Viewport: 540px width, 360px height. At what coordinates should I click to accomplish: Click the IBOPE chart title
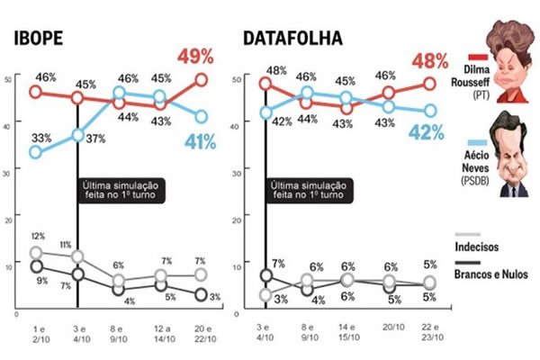point(38,39)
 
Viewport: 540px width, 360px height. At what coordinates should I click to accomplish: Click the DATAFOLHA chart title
point(292,39)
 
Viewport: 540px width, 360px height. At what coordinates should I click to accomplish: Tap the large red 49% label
point(195,57)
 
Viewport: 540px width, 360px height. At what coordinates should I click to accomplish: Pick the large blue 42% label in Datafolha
point(427,133)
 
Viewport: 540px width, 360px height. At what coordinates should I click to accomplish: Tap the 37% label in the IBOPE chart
point(95,137)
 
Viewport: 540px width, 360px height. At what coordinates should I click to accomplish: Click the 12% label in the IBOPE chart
point(36,235)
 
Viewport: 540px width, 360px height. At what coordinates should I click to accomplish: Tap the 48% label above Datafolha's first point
point(276,68)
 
